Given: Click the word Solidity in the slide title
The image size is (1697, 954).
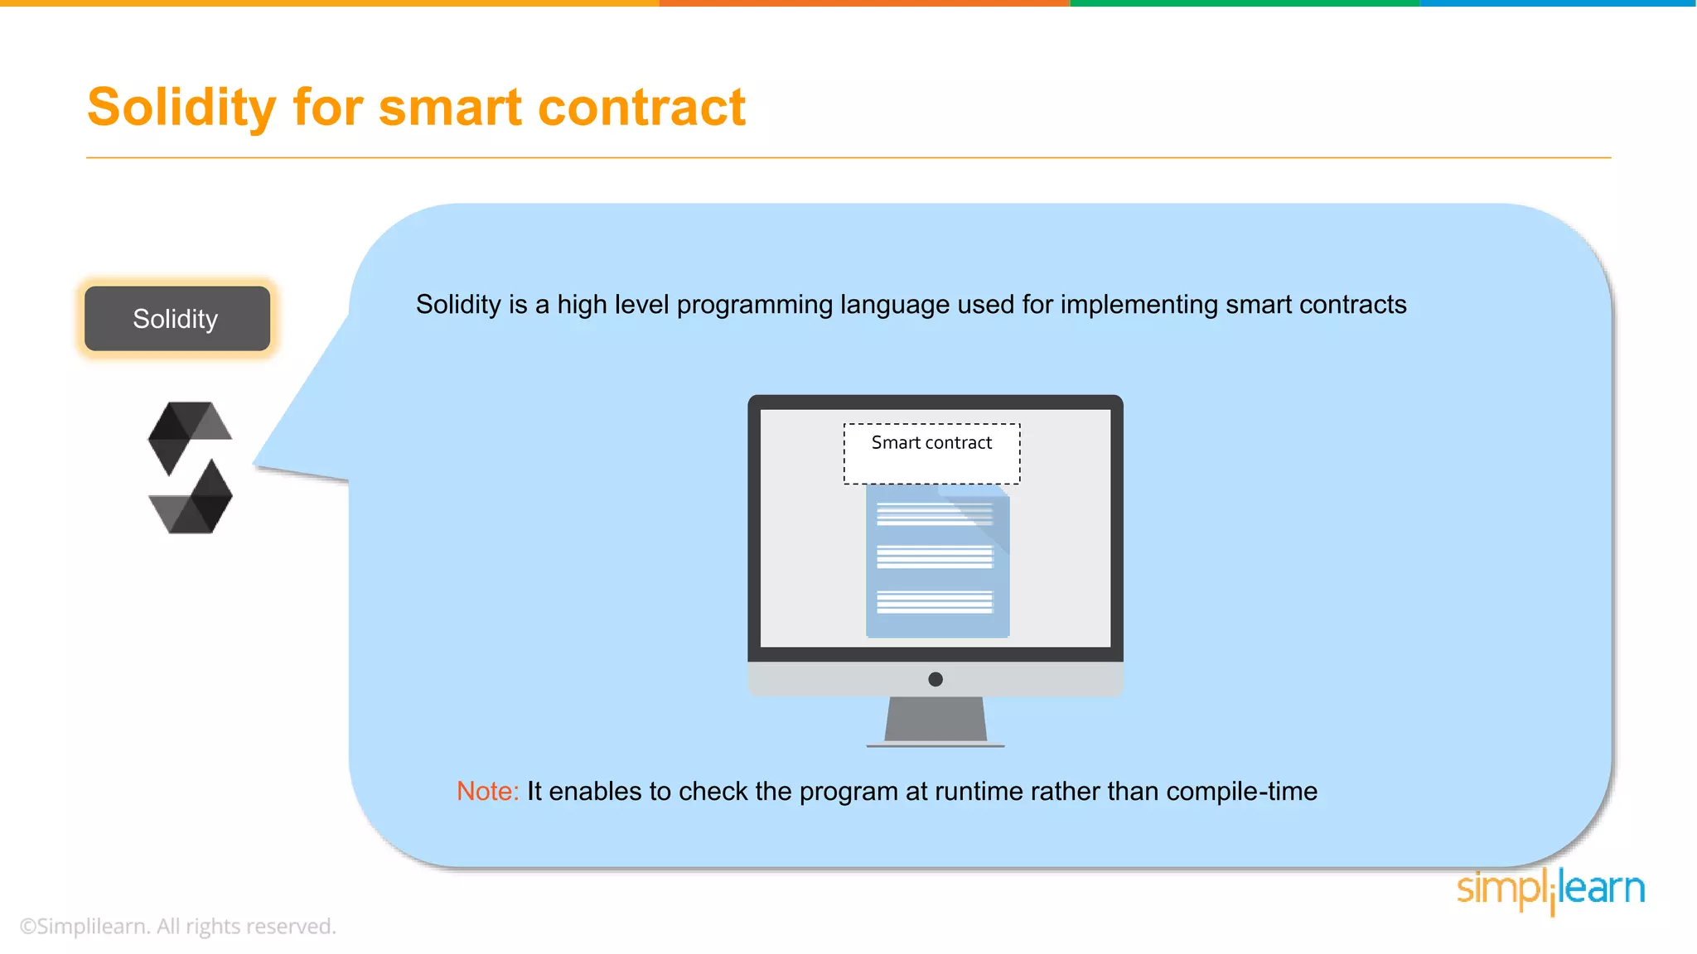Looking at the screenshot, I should (181, 108).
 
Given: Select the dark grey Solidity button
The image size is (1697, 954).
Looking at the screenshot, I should (176, 319).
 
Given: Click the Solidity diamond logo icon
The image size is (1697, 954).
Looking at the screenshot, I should (191, 468).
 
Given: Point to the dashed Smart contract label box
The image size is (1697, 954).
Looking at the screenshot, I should (931, 454).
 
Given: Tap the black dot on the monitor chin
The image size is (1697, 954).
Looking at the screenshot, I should (936, 679).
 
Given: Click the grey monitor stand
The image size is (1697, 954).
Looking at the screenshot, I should (936, 720).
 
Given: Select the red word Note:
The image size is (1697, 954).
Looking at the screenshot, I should (487, 792).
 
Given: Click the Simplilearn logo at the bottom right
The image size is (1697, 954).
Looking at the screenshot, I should (1550, 890).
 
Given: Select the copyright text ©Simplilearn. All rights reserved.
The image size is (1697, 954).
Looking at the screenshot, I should (177, 926).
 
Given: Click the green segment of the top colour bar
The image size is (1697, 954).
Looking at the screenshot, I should (1245, 3).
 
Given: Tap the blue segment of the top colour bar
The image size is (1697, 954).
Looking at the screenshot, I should (1558, 3).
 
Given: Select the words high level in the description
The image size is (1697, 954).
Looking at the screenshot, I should (612, 305).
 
